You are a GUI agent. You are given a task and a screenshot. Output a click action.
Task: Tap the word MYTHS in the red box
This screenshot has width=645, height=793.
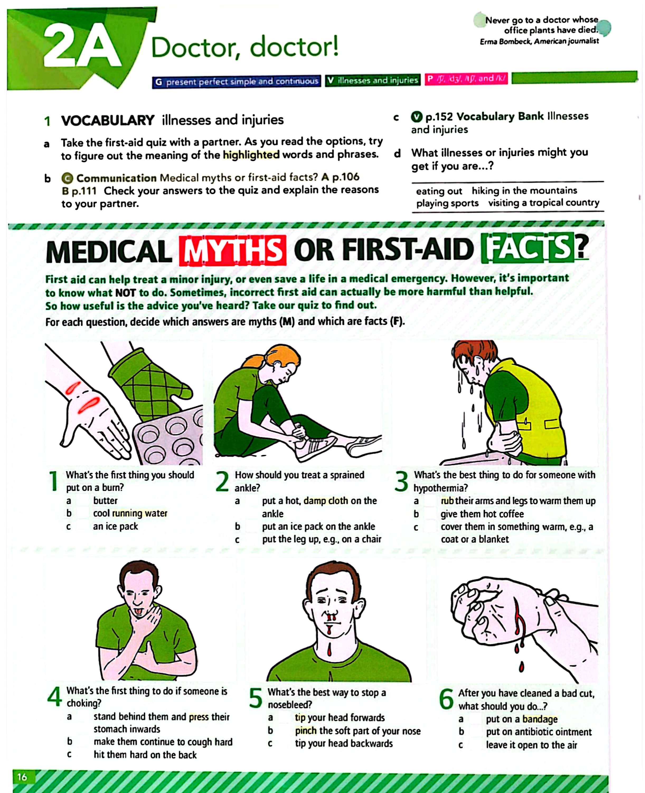click(232, 250)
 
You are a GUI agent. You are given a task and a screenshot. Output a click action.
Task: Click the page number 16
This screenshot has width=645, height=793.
click(22, 777)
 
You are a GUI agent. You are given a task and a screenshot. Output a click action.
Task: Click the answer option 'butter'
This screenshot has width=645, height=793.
click(105, 501)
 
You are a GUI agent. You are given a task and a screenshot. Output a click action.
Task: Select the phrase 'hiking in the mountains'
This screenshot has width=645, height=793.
click(525, 191)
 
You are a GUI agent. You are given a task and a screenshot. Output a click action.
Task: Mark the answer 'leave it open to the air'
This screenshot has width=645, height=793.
click(531, 745)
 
